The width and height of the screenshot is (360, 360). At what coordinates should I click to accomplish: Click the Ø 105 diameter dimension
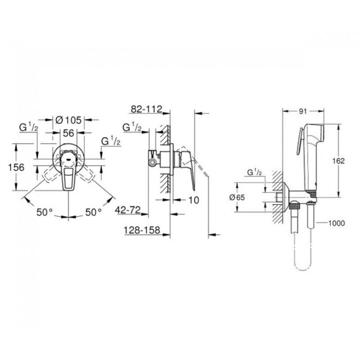[69, 120]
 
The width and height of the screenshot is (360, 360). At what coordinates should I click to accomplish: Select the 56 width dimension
[68, 133]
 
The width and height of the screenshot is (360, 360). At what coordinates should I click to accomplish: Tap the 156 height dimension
[16, 167]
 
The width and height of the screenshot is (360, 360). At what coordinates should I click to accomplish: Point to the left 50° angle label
[45, 212]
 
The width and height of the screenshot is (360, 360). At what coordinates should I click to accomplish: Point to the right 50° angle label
[94, 212]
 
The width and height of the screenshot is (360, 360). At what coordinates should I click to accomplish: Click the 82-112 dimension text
[147, 109]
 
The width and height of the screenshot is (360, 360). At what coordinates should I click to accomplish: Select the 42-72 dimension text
[128, 210]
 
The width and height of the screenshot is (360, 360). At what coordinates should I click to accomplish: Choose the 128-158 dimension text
[142, 230]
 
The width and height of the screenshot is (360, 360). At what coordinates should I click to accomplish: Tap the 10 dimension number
[194, 200]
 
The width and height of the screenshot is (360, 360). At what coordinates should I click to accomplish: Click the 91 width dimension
[303, 111]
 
